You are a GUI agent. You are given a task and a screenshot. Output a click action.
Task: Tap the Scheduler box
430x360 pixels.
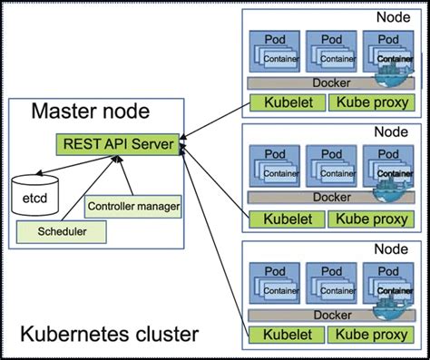56,231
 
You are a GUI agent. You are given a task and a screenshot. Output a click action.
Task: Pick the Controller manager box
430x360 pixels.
132,207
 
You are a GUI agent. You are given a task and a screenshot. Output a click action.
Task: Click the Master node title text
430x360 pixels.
91,112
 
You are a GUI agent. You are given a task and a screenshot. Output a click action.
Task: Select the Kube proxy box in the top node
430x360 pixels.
370,102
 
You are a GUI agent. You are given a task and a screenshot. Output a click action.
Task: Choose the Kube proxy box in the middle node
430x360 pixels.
370,219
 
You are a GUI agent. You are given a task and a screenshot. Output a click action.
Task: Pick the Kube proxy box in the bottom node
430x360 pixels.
370,335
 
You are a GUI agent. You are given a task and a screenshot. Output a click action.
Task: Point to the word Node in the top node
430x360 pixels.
392,17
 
